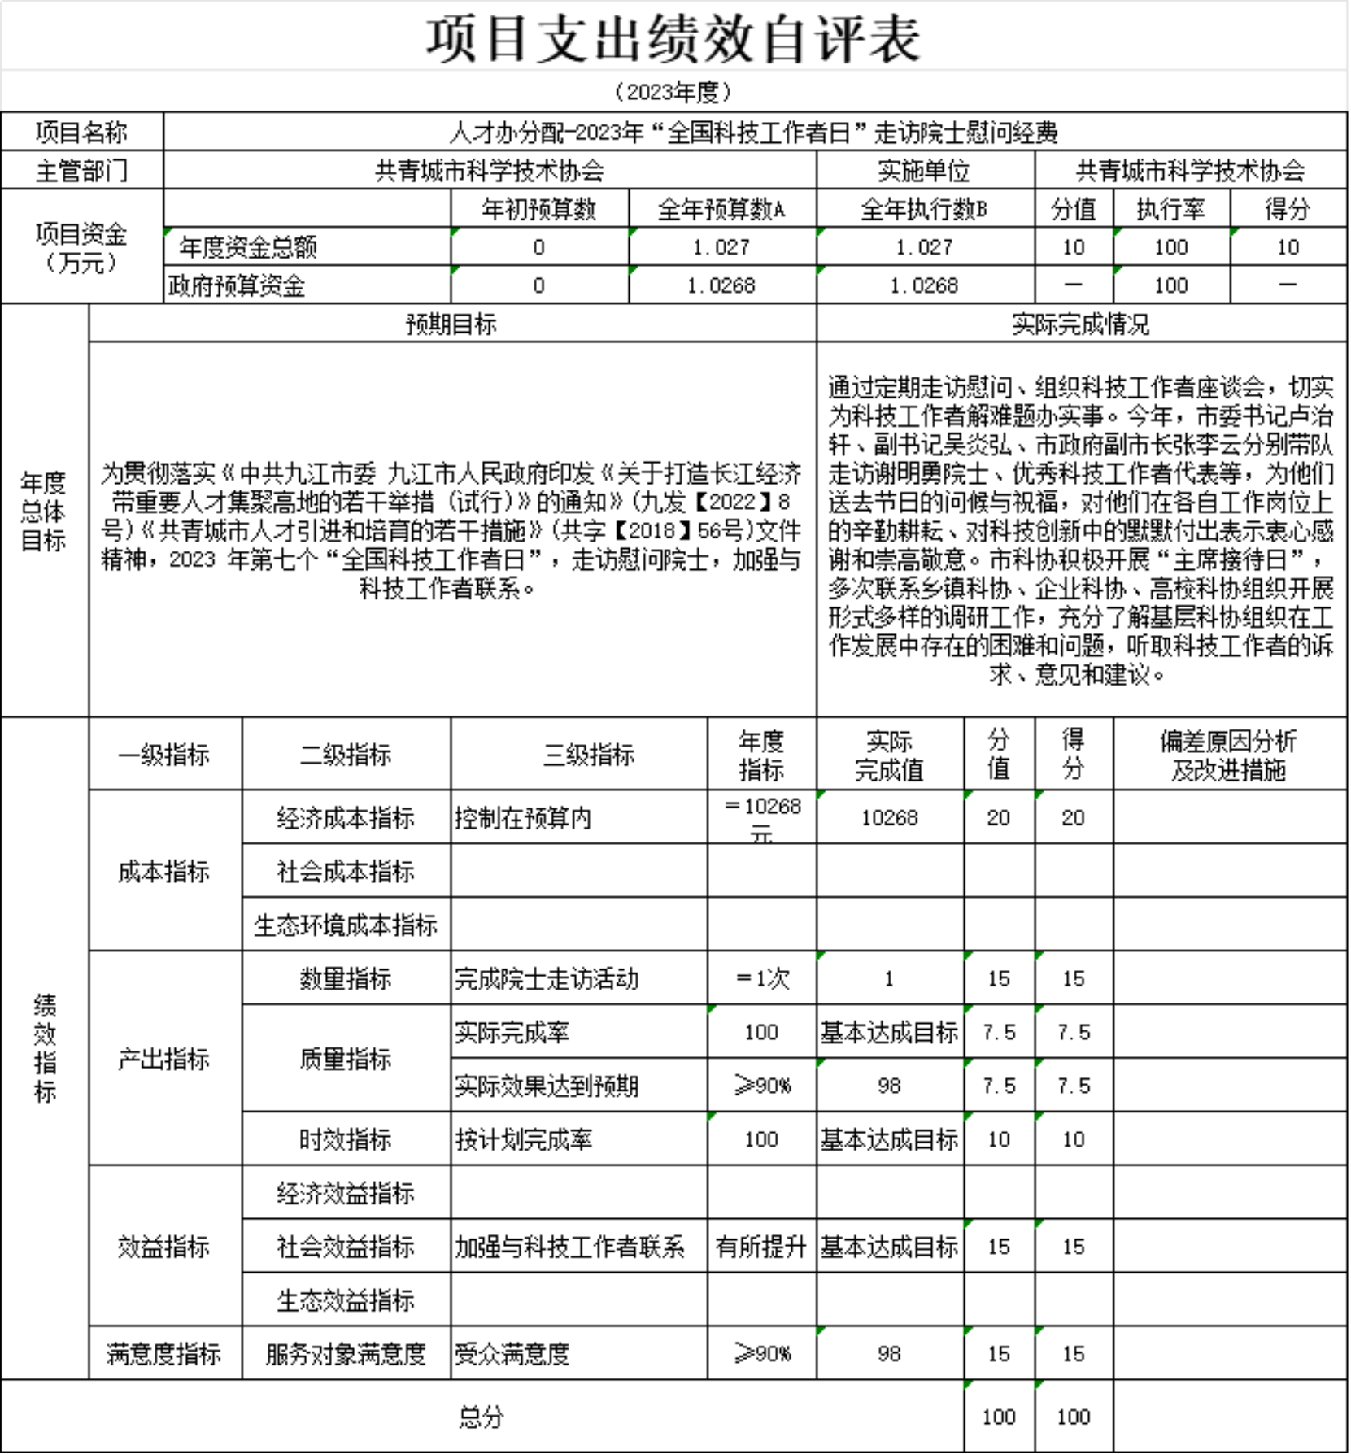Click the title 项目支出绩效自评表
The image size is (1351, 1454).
tap(673, 39)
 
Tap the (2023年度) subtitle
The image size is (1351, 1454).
tap(673, 92)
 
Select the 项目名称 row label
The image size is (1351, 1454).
tap(81, 132)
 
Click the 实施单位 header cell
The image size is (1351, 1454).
tap(924, 171)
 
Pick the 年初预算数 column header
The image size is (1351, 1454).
tap(538, 210)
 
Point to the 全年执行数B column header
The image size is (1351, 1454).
tap(924, 210)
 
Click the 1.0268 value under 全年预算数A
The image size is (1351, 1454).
tap(721, 285)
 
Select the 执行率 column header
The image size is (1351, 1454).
tap(1170, 210)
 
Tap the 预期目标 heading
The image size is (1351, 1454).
tap(451, 324)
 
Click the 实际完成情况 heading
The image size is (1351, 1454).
tap(1080, 324)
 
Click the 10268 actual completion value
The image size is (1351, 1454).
tap(889, 817)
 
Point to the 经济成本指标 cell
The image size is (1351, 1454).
tap(346, 817)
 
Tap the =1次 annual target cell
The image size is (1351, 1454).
tap(761, 978)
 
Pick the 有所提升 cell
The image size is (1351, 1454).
tap(761, 1247)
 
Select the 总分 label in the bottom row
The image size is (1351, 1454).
tap(481, 1417)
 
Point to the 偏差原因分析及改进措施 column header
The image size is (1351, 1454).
tap(1228, 755)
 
